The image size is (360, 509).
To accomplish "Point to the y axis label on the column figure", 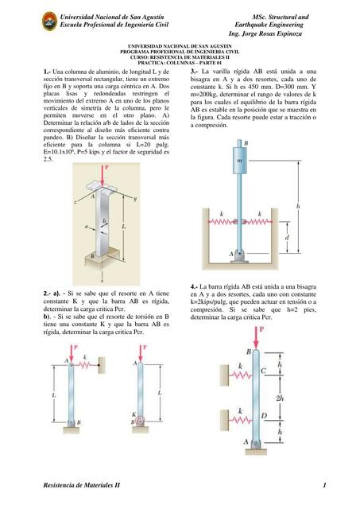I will pyautogui.click(x=136, y=198).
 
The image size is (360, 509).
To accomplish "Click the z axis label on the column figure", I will pyautogui.click(x=75, y=203).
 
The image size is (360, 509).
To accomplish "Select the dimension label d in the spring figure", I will pyautogui.click(x=285, y=237).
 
